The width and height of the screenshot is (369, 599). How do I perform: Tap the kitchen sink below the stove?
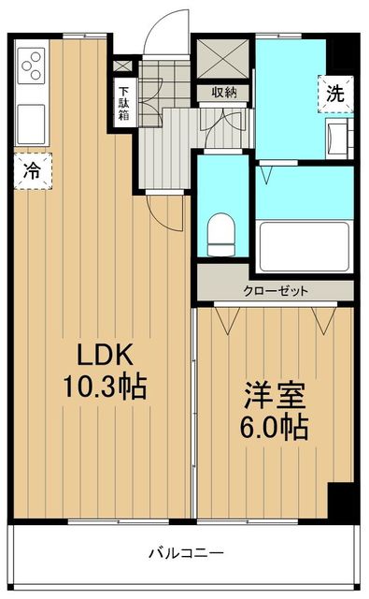coord(31,121)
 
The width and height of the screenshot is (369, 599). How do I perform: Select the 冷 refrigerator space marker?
coord(32,171)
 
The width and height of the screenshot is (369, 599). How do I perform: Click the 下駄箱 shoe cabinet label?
coord(122,104)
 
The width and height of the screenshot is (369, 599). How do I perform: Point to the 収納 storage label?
coord(223,92)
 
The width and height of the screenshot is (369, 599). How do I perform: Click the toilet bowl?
coord(222,233)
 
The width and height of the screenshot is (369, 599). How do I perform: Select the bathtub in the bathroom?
coord(305,243)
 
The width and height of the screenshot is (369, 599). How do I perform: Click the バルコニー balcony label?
coord(184,551)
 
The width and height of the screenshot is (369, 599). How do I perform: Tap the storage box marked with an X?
coord(223,60)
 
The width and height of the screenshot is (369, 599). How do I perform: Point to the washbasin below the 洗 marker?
coord(339,135)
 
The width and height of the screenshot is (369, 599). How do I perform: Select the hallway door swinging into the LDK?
coord(168,210)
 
